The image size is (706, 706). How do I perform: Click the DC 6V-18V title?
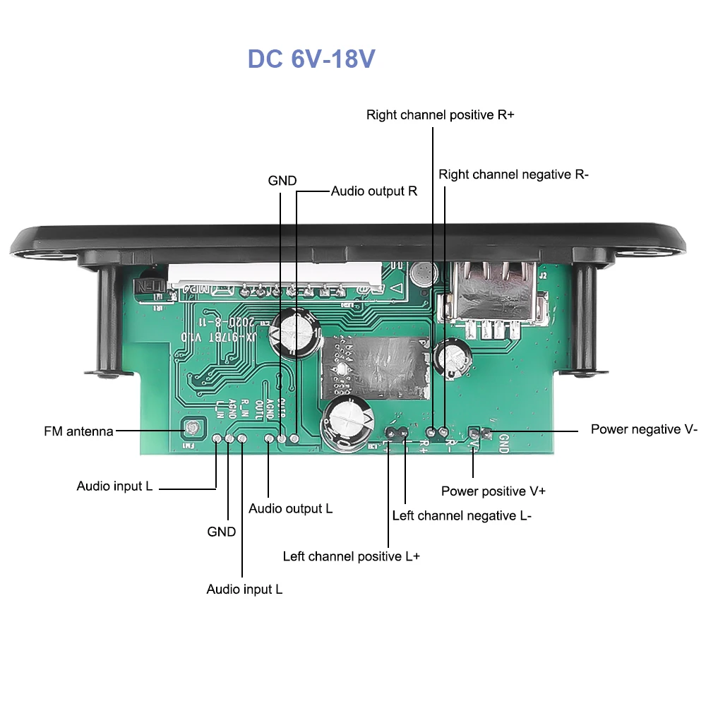coord(311,59)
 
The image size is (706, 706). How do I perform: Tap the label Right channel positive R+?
coord(440,115)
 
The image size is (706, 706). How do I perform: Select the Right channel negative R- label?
coord(513,174)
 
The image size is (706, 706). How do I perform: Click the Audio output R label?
coord(374,191)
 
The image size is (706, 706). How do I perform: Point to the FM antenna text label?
coord(78,431)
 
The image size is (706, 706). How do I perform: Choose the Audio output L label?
coord(290,508)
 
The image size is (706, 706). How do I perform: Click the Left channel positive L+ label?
coord(351,556)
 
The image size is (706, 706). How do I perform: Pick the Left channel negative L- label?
coord(462,516)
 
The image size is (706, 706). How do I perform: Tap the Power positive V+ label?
coord(493,491)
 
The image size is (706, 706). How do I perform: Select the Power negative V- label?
coord(644,429)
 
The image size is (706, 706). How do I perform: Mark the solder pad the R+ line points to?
coord(432,429)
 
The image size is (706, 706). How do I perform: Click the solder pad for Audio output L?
coord(269,439)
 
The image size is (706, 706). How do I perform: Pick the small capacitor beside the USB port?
coord(453,357)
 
